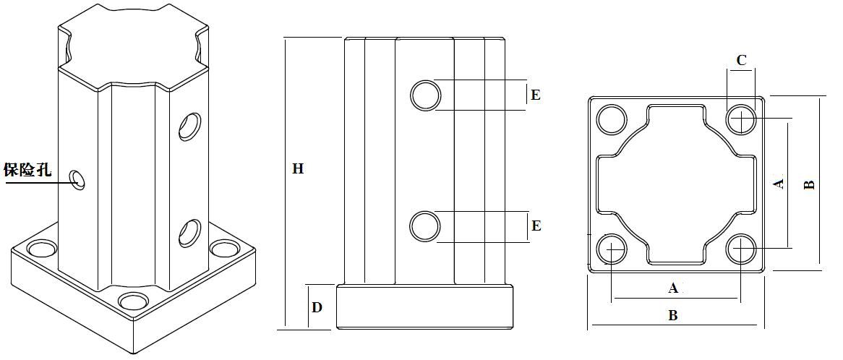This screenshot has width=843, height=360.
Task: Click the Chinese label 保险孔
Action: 27,171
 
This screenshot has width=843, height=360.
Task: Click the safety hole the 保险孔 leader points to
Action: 78,179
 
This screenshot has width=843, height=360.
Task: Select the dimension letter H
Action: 298,168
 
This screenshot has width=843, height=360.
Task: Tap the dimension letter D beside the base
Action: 317,307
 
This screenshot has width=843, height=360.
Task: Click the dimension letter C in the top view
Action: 741,60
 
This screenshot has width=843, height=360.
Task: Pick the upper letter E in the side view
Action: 535,95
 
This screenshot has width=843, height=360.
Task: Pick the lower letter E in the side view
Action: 536,226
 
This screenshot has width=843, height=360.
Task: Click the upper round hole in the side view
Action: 426,95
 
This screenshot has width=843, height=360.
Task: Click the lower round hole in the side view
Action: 426,226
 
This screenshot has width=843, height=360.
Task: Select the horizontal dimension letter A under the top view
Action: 673,288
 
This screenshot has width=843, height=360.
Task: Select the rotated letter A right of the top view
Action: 778,184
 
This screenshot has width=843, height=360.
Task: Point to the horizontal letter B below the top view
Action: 672,315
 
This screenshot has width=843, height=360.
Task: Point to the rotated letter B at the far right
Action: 809,184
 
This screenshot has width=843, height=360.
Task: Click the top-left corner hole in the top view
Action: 612,119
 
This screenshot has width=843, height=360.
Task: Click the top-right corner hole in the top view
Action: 741,119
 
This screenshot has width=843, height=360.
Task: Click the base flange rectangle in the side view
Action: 424,307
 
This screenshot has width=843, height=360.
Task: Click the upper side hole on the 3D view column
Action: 189,126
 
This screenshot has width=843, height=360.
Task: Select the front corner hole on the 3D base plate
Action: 133,302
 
